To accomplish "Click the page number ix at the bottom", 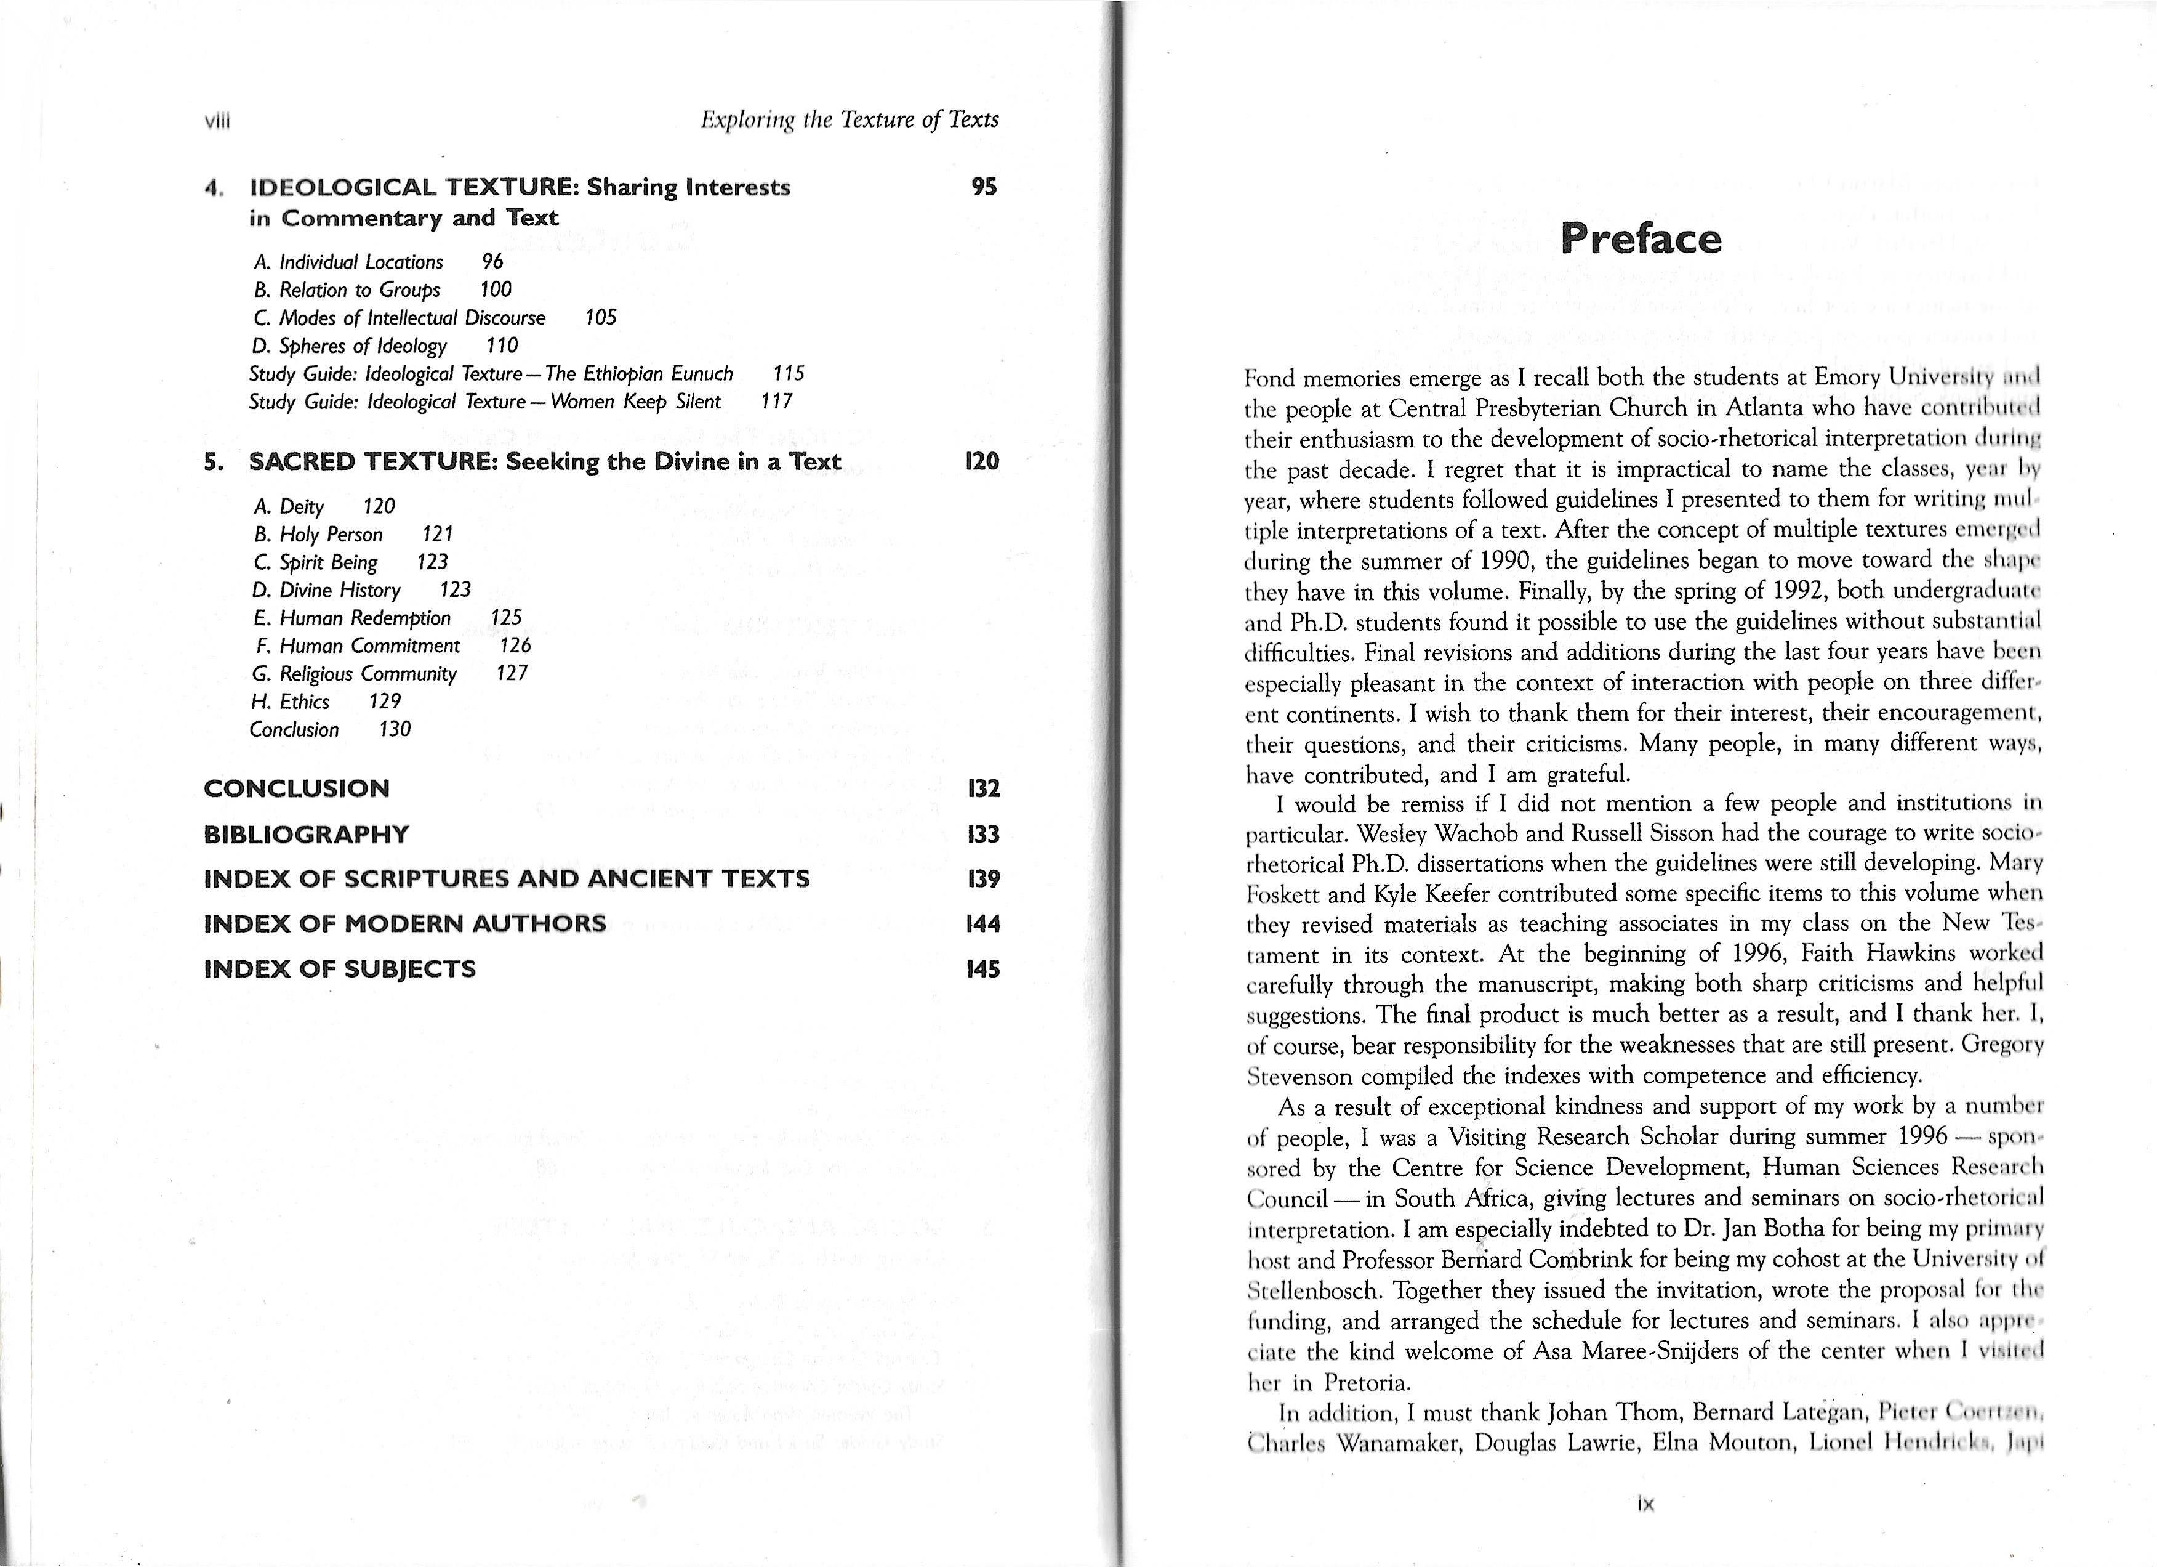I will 1646,1504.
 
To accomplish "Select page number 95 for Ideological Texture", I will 984,187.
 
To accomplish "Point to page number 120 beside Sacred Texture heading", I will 982,461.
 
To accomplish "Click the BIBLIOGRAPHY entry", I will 306,835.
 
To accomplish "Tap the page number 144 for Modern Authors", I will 982,924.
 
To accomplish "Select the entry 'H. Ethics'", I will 291,701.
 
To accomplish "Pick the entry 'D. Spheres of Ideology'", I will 349,346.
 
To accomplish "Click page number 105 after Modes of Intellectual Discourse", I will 600,318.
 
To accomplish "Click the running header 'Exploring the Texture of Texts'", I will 850,120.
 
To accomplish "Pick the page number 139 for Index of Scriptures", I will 982,878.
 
